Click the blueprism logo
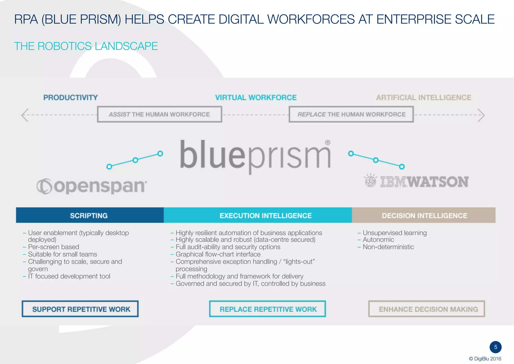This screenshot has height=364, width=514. click(255, 156)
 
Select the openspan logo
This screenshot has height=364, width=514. click(92, 186)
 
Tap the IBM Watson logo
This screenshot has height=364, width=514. click(417, 181)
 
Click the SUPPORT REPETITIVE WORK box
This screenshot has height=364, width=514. click(80, 309)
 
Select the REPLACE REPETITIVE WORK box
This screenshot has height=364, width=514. click(268, 309)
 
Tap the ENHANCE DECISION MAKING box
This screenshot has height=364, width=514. click(427, 309)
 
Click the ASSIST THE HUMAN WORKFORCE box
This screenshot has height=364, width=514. click(159, 114)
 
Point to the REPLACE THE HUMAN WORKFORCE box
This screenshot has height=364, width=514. click(351, 114)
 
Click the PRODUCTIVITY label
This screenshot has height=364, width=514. click(71, 97)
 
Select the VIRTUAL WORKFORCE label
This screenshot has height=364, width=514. click(256, 97)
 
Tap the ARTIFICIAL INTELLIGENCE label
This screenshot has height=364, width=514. click(423, 97)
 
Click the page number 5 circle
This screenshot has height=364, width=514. click(495, 347)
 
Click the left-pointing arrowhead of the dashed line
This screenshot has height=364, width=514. click(25, 115)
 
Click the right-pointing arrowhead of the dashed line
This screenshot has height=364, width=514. click(481, 115)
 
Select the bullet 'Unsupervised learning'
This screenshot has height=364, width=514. click(395, 233)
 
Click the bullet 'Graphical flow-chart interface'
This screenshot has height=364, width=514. click(218, 254)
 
